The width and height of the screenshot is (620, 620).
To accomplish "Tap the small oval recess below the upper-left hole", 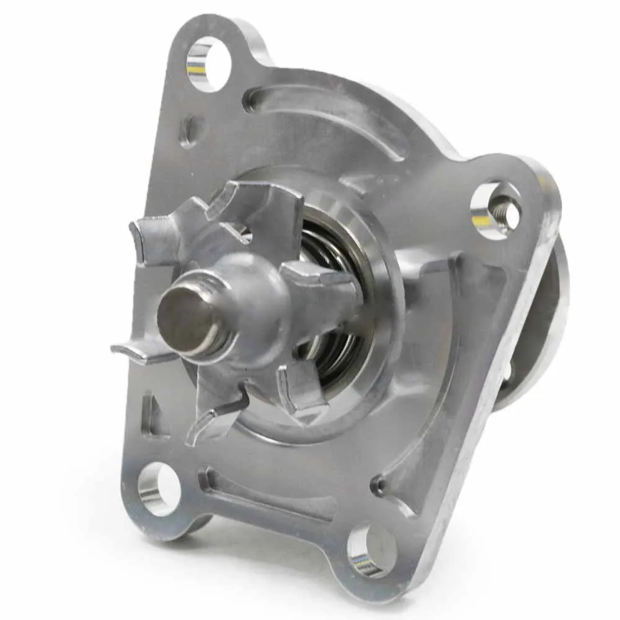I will coord(188,131).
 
